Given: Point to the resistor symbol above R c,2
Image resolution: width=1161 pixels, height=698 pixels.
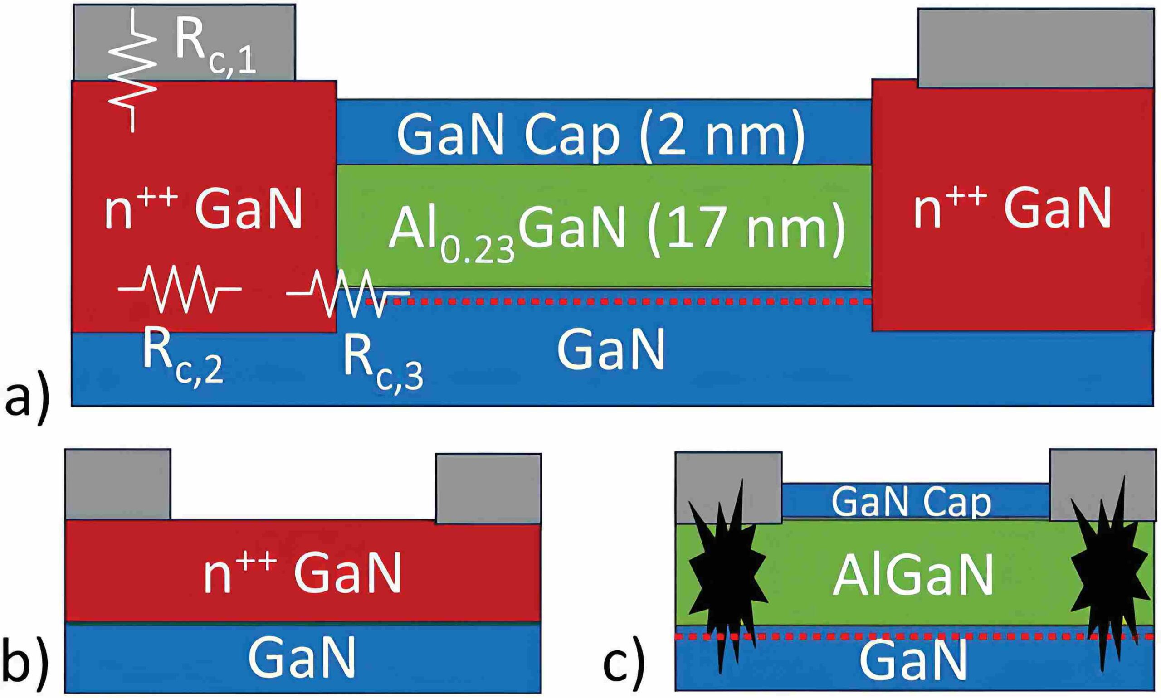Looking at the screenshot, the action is click(x=180, y=289).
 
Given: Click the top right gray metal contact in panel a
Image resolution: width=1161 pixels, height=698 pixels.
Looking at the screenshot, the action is click(x=1036, y=48).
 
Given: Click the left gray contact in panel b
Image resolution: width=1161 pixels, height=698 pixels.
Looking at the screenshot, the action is click(x=118, y=485).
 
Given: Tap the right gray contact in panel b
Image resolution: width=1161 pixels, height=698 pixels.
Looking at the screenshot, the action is click(x=488, y=488).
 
